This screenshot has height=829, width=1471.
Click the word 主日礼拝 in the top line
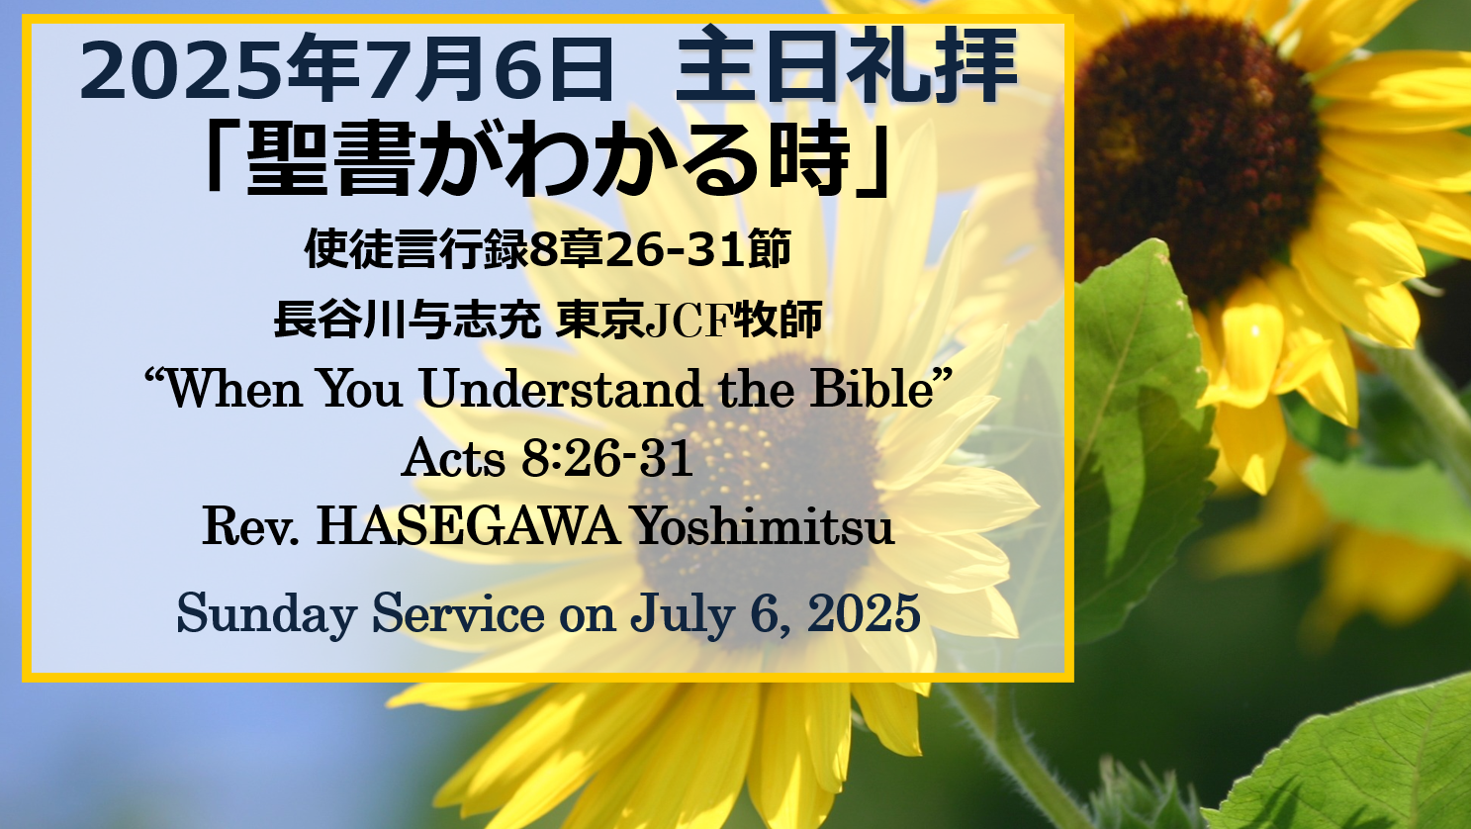[x=847, y=65]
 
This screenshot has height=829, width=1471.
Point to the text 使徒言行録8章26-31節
[x=548, y=249]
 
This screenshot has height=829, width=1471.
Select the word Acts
[x=453, y=458]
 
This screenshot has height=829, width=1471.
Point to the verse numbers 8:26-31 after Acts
[x=607, y=458]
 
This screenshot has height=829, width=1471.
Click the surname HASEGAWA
[x=468, y=526]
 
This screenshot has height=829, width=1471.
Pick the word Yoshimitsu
[x=764, y=526]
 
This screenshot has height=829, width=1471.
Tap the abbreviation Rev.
[x=251, y=526]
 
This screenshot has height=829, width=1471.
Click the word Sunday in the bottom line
[x=267, y=614]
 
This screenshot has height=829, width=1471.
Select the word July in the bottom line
[x=683, y=614]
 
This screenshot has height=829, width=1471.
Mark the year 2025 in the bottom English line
[x=864, y=613]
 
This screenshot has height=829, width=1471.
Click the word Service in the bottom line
[x=458, y=613]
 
